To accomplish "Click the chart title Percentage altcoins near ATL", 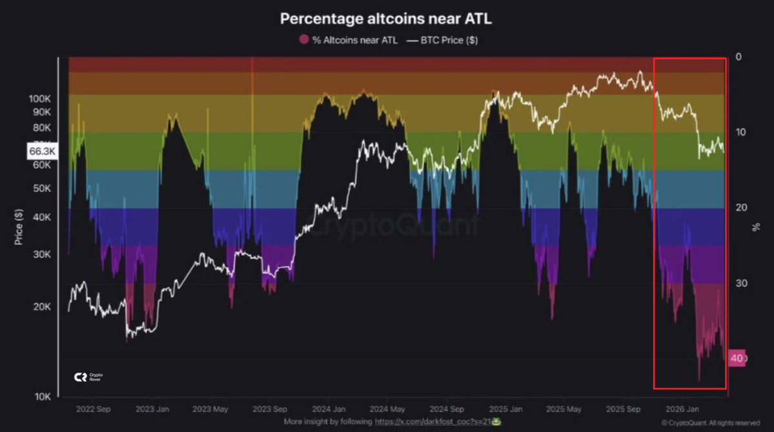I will pyautogui.click(x=386, y=19).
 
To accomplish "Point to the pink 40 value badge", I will pyautogui.click(x=737, y=358).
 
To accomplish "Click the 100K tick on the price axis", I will pyautogui.click(x=40, y=99).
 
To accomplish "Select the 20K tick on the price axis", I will pyautogui.click(x=41, y=307).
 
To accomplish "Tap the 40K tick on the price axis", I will pyautogui.click(x=41, y=217).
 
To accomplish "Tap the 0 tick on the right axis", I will pyautogui.click(x=738, y=57).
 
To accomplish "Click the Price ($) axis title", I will pyautogui.click(x=19, y=226).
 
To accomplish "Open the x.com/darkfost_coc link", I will pyautogui.click(x=436, y=422).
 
